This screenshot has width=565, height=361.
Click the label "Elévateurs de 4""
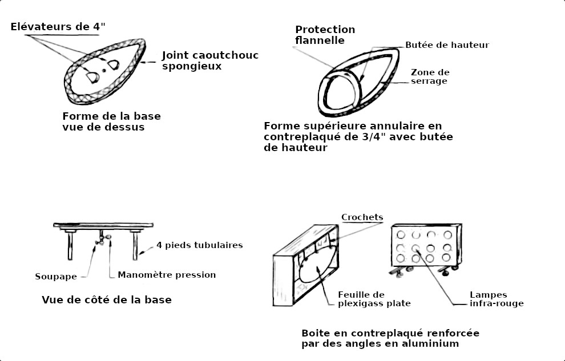pos(58,27)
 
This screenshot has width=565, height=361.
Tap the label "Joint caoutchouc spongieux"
pos(210,60)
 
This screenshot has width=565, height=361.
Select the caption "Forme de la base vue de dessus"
pos(111,121)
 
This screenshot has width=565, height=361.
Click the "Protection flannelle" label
pos(325,35)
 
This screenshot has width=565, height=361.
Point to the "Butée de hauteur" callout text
pos(447,44)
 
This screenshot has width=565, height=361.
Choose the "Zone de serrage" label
pos(430,76)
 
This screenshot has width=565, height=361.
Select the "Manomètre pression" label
pos(167,275)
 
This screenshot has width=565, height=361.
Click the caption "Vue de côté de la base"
pos(107,299)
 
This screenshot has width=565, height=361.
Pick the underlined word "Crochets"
pos(362,217)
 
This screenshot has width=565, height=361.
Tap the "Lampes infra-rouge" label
pos(495,299)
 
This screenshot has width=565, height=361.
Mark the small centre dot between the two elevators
pos(103,71)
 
